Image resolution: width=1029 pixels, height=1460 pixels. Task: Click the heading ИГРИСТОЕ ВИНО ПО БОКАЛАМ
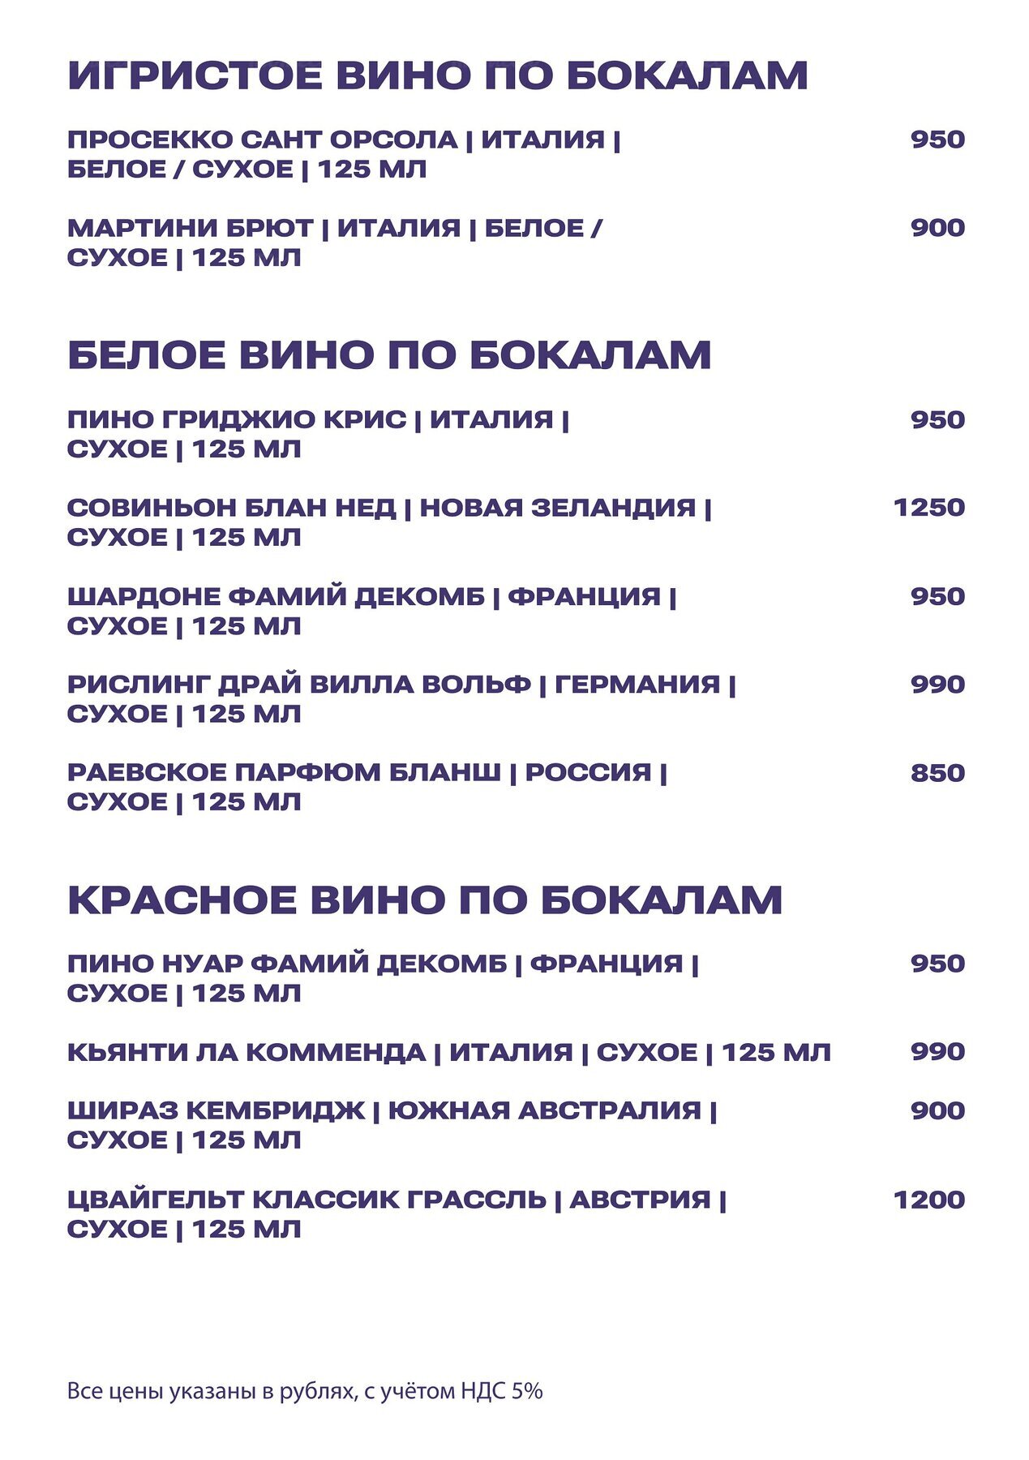tap(438, 75)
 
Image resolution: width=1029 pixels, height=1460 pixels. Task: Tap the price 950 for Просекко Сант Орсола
tap(937, 140)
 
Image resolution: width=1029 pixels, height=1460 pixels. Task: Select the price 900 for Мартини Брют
tap(937, 228)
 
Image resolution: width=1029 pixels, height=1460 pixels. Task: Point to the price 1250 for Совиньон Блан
tap(928, 508)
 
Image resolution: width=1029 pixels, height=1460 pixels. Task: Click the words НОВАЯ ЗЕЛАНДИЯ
tap(557, 508)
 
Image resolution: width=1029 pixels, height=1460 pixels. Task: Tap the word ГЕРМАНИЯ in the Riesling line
tap(637, 685)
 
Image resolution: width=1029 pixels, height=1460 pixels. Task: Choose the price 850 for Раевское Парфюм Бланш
tap(937, 773)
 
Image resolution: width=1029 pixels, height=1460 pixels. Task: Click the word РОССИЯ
tap(588, 772)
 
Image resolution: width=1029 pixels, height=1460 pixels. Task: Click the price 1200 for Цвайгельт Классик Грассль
tap(928, 1200)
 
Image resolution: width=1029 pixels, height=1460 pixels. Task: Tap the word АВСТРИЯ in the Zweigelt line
tap(640, 1200)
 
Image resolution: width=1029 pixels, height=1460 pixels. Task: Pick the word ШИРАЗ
tap(122, 1110)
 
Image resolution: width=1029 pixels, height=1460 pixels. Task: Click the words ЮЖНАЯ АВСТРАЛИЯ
tap(544, 1110)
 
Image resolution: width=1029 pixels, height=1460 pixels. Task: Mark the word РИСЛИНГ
tap(138, 685)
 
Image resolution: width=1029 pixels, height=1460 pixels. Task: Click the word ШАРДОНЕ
tap(143, 596)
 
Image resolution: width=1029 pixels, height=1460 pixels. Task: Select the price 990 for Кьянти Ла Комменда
tap(937, 1052)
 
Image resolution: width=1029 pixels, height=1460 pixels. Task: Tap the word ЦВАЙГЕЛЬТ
tap(155, 1200)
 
